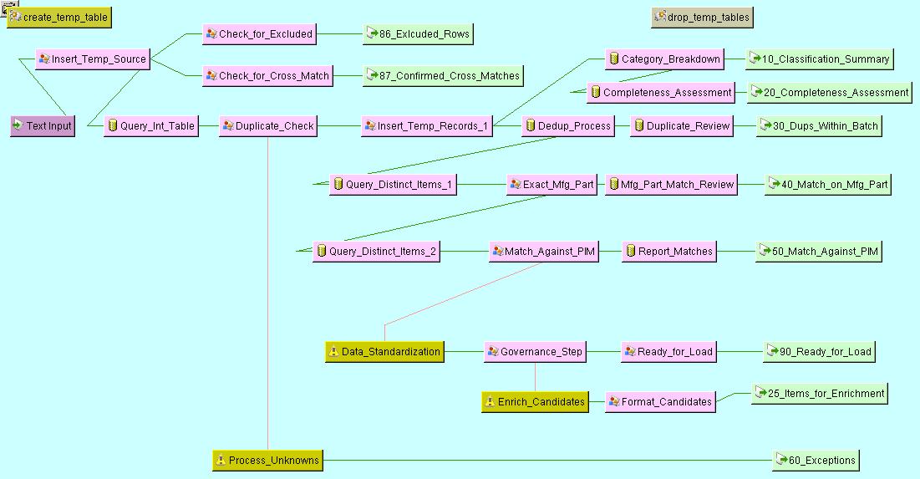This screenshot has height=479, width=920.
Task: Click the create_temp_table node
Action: (58, 18)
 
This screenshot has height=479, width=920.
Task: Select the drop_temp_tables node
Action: (702, 17)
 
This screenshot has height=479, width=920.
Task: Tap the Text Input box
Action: (43, 126)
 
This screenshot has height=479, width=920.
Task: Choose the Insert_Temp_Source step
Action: (93, 59)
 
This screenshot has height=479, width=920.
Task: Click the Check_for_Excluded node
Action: (260, 34)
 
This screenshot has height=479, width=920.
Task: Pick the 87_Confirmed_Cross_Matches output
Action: (443, 76)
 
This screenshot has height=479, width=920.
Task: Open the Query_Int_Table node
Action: (151, 126)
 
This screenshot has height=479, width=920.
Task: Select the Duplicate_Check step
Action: (268, 126)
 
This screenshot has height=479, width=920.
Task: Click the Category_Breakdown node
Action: (664, 59)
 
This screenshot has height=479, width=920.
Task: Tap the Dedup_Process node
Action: (568, 126)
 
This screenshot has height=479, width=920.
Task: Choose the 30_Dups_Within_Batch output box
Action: (819, 126)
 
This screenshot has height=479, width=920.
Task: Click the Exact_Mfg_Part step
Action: (552, 185)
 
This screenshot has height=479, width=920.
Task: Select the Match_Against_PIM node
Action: (544, 252)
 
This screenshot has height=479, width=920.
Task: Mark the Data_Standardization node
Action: (384, 352)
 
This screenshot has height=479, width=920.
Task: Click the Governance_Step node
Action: (535, 352)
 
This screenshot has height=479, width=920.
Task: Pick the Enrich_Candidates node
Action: (535, 402)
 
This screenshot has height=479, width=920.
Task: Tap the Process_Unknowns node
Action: (267, 461)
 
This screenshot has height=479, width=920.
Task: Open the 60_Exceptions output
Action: (816, 460)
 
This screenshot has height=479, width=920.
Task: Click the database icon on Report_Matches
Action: (631, 252)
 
